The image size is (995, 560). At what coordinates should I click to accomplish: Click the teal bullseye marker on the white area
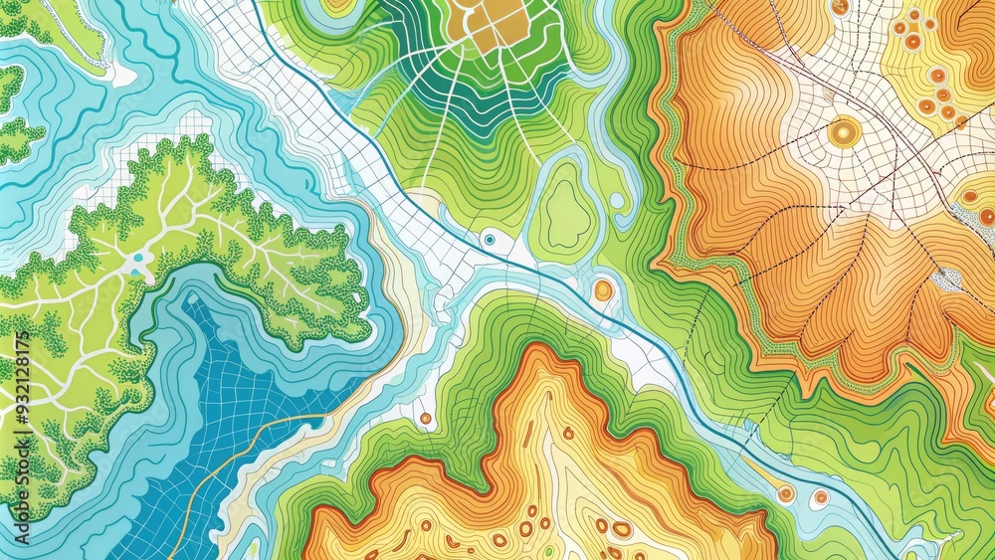point(489,239)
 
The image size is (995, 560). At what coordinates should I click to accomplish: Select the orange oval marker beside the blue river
point(603,290)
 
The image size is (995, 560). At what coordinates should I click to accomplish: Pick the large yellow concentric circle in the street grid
point(844,130)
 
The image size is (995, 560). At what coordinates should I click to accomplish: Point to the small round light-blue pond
point(617,200)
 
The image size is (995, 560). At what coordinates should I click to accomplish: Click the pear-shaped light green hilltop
point(566,211)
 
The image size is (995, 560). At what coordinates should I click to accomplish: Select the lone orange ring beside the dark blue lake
point(425,418)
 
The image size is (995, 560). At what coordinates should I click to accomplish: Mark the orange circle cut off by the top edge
point(841,6)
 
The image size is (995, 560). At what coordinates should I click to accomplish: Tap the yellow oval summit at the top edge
point(338,5)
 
